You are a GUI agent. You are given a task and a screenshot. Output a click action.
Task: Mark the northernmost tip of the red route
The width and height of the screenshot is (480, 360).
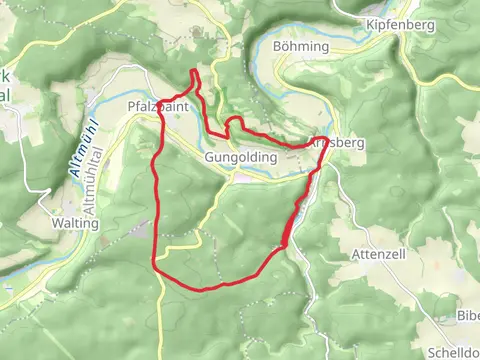point(194,71)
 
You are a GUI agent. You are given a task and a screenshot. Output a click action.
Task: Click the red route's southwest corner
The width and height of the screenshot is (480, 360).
point(154,260)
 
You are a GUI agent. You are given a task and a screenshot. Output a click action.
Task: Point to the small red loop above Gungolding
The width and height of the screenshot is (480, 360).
point(236,123)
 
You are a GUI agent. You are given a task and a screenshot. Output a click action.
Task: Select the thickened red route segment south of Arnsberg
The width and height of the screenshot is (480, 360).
point(293,220)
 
